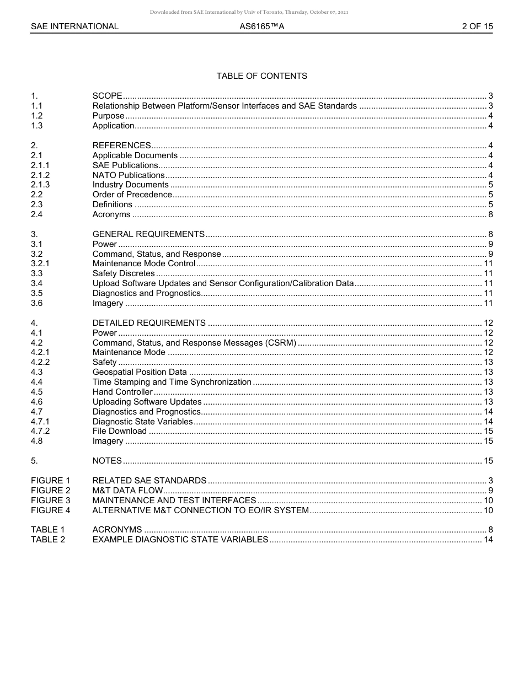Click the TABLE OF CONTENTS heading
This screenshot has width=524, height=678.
[261, 76]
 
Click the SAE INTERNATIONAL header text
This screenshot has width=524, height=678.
[74, 26]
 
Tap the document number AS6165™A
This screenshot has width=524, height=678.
[261, 26]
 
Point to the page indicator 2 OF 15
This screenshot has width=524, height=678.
[477, 26]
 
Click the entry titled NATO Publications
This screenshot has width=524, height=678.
[129, 175]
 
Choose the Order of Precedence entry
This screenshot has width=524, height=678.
[132, 195]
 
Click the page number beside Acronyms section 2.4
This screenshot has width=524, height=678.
[490, 214]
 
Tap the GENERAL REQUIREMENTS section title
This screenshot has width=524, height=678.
[148, 234]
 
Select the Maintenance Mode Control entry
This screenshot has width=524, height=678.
[144, 263]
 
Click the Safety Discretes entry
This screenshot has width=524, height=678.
[124, 273]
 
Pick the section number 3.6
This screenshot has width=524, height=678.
[37, 303]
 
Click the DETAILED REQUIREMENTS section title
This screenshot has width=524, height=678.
[149, 323]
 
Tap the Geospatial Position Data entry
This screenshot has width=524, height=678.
[140, 372]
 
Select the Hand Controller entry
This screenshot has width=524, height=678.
[122, 392]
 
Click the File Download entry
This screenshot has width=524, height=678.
[120, 431]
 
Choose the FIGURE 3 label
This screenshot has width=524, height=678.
[51, 501]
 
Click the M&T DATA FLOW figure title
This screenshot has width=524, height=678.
[128, 491]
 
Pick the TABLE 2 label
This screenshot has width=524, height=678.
[48, 540]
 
